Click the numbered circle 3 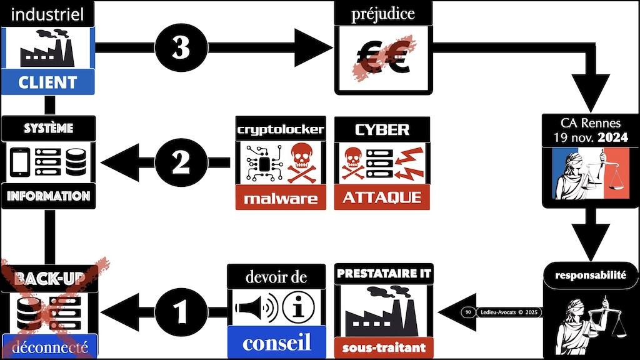[x=181, y=47]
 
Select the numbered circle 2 [x=181, y=163]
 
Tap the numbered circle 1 [x=181, y=309]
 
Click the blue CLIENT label [x=47, y=82]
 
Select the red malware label [x=281, y=198]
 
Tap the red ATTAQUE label [x=382, y=198]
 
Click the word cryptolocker [x=281, y=129]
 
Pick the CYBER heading [x=382, y=129]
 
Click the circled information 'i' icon [x=298, y=306]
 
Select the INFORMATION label [x=48, y=196]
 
